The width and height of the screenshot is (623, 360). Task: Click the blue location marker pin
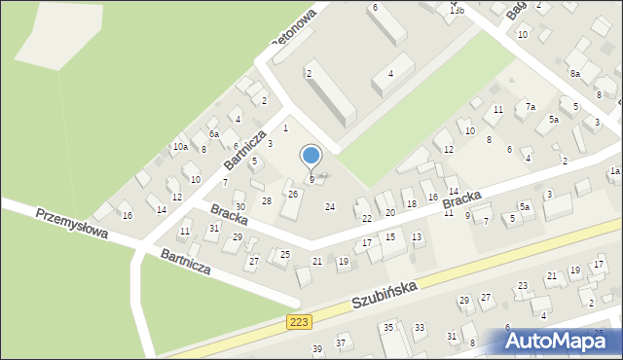311,156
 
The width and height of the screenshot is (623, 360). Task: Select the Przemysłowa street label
69,225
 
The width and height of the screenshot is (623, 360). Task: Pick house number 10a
180,147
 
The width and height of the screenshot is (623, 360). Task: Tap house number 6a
214,134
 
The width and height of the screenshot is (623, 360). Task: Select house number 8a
575,73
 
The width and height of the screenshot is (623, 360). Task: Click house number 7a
531,106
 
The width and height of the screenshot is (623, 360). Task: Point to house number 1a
615,170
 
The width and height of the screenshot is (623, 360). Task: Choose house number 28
266,200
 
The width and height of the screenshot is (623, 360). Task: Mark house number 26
292,194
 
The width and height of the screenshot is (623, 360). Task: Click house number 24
330,206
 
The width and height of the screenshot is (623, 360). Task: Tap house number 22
366,218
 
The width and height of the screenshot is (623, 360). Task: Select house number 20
389,212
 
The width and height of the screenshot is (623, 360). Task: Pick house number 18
411,204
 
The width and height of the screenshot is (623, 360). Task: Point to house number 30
239,207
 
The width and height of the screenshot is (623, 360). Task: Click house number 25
285,255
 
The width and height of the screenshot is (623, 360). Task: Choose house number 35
387,328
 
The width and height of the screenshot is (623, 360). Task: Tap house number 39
316,348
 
